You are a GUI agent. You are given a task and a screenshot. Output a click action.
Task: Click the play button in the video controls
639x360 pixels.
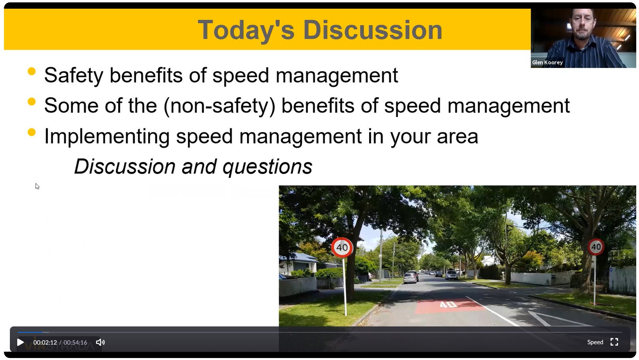20,342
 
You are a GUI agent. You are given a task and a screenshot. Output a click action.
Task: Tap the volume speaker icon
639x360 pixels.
100,342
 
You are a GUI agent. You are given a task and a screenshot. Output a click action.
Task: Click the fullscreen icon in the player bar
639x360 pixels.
614,342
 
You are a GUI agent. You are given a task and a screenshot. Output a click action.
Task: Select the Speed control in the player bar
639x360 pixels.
595,342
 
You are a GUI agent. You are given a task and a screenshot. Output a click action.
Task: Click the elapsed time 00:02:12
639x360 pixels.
45,342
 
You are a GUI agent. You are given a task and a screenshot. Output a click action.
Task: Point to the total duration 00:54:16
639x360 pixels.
75,342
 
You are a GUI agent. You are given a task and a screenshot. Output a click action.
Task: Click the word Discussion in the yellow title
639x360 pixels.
373,30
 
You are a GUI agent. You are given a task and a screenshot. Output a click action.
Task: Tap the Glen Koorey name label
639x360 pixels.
547,62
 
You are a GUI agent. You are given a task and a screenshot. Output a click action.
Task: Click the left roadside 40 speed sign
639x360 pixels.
342,247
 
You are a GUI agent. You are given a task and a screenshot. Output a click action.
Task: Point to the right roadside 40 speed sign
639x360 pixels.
596,247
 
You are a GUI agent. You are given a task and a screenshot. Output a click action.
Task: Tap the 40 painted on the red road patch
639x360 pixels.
448,304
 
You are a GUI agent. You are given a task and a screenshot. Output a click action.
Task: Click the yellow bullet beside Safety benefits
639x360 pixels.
32,71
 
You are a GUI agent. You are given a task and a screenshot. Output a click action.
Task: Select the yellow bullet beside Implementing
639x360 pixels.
32,132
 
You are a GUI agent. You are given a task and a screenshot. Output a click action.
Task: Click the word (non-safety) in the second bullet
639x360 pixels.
219,106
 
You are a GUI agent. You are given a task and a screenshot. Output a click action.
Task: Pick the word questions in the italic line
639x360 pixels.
267,167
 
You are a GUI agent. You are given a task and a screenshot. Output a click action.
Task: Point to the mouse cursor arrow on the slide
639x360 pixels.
37,186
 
